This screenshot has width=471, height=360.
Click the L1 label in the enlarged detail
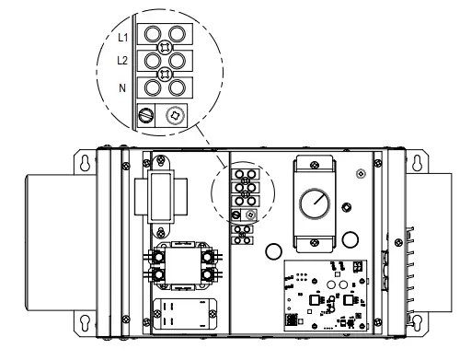[x=122, y=38]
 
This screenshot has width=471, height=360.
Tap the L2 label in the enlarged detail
[x=122, y=61]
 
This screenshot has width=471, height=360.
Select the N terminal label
[x=122, y=88]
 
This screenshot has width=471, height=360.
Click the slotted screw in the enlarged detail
[x=145, y=116]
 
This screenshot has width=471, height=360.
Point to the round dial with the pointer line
[x=315, y=203]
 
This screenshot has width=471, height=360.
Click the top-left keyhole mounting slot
[x=85, y=163]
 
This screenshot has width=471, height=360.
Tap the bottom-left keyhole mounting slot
[x=85, y=322]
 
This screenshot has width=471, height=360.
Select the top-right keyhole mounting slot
[x=417, y=163]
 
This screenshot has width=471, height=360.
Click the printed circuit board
[x=326, y=296]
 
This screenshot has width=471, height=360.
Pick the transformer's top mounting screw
[x=161, y=160]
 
